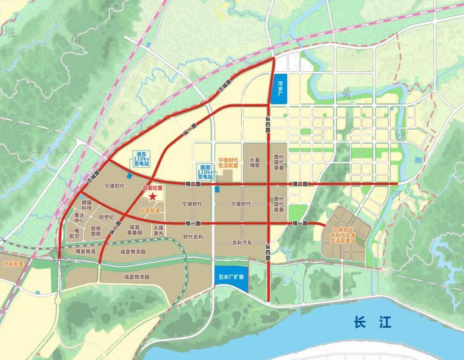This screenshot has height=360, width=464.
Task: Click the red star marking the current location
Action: pos(152,197)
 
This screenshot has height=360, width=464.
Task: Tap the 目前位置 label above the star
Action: pos(153,188)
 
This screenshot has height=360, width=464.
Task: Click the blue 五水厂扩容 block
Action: pos(231,277)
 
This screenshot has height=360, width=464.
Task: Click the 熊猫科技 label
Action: pos(87,205)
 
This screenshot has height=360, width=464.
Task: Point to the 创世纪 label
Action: pos(106,217)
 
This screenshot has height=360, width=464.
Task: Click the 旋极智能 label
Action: pos(95,231)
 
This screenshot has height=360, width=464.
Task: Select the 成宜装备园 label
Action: pos(134,230)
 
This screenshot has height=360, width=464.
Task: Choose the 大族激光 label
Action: pos(158,231)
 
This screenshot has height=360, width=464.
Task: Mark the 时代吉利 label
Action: pos(193,237)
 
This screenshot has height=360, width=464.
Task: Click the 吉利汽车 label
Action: pos(243,242)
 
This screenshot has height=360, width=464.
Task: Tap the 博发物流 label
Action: pos(85,251)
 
